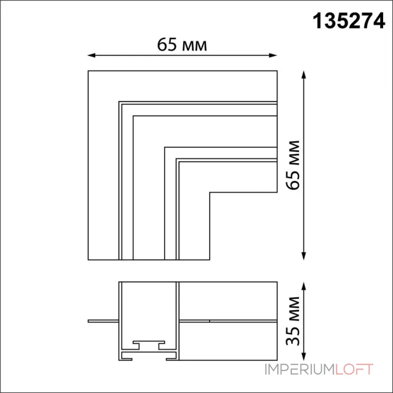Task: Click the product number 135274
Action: pos(349,21)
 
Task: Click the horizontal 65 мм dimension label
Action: pos(182,45)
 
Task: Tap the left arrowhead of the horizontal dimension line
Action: pos(91,56)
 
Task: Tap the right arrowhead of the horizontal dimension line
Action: pos(273,56)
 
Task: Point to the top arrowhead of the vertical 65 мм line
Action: pos(304,75)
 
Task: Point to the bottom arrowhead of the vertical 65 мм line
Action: pos(304,256)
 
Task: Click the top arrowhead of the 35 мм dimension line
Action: pos(304,286)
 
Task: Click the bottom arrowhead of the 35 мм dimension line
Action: pos(304,357)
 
